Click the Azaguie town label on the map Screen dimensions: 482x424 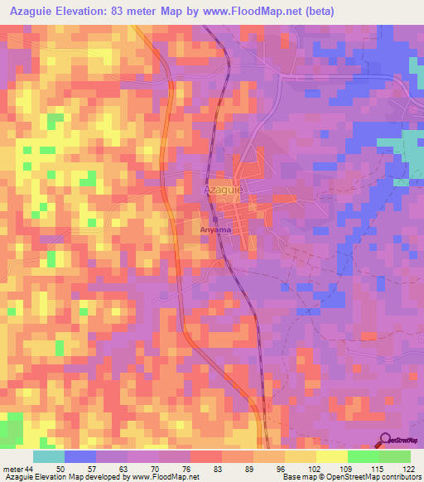(223, 190)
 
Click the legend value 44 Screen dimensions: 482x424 (30, 470)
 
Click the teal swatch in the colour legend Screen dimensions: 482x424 (49, 456)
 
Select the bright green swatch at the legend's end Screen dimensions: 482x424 (395, 456)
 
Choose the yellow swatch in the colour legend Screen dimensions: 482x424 (332, 456)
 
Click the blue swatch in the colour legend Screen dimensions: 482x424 (80, 456)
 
